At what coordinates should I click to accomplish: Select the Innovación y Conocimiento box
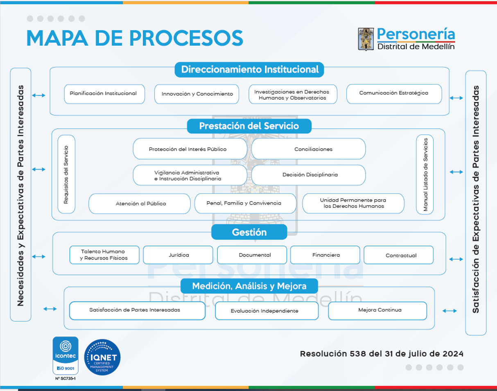(x=197, y=94)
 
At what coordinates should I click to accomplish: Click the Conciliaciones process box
(x=308, y=149)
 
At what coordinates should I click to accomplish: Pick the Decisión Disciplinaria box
(x=308, y=175)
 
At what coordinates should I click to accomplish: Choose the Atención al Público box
(x=140, y=204)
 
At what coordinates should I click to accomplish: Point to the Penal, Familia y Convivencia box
(x=245, y=203)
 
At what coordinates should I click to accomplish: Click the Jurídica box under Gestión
(x=178, y=255)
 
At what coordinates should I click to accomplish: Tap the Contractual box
(x=398, y=255)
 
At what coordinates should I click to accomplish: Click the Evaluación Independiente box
(x=267, y=311)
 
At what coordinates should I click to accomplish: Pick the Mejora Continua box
(x=377, y=310)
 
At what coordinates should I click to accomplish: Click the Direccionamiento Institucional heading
(x=249, y=69)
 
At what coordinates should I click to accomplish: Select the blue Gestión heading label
(x=249, y=232)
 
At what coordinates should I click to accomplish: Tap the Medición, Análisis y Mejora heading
(x=249, y=286)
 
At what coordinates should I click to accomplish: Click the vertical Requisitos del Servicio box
(x=66, y=174)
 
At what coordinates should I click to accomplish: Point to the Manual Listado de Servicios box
(x=425, y=174)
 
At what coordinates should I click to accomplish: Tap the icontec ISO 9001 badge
(x=65, y=355)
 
